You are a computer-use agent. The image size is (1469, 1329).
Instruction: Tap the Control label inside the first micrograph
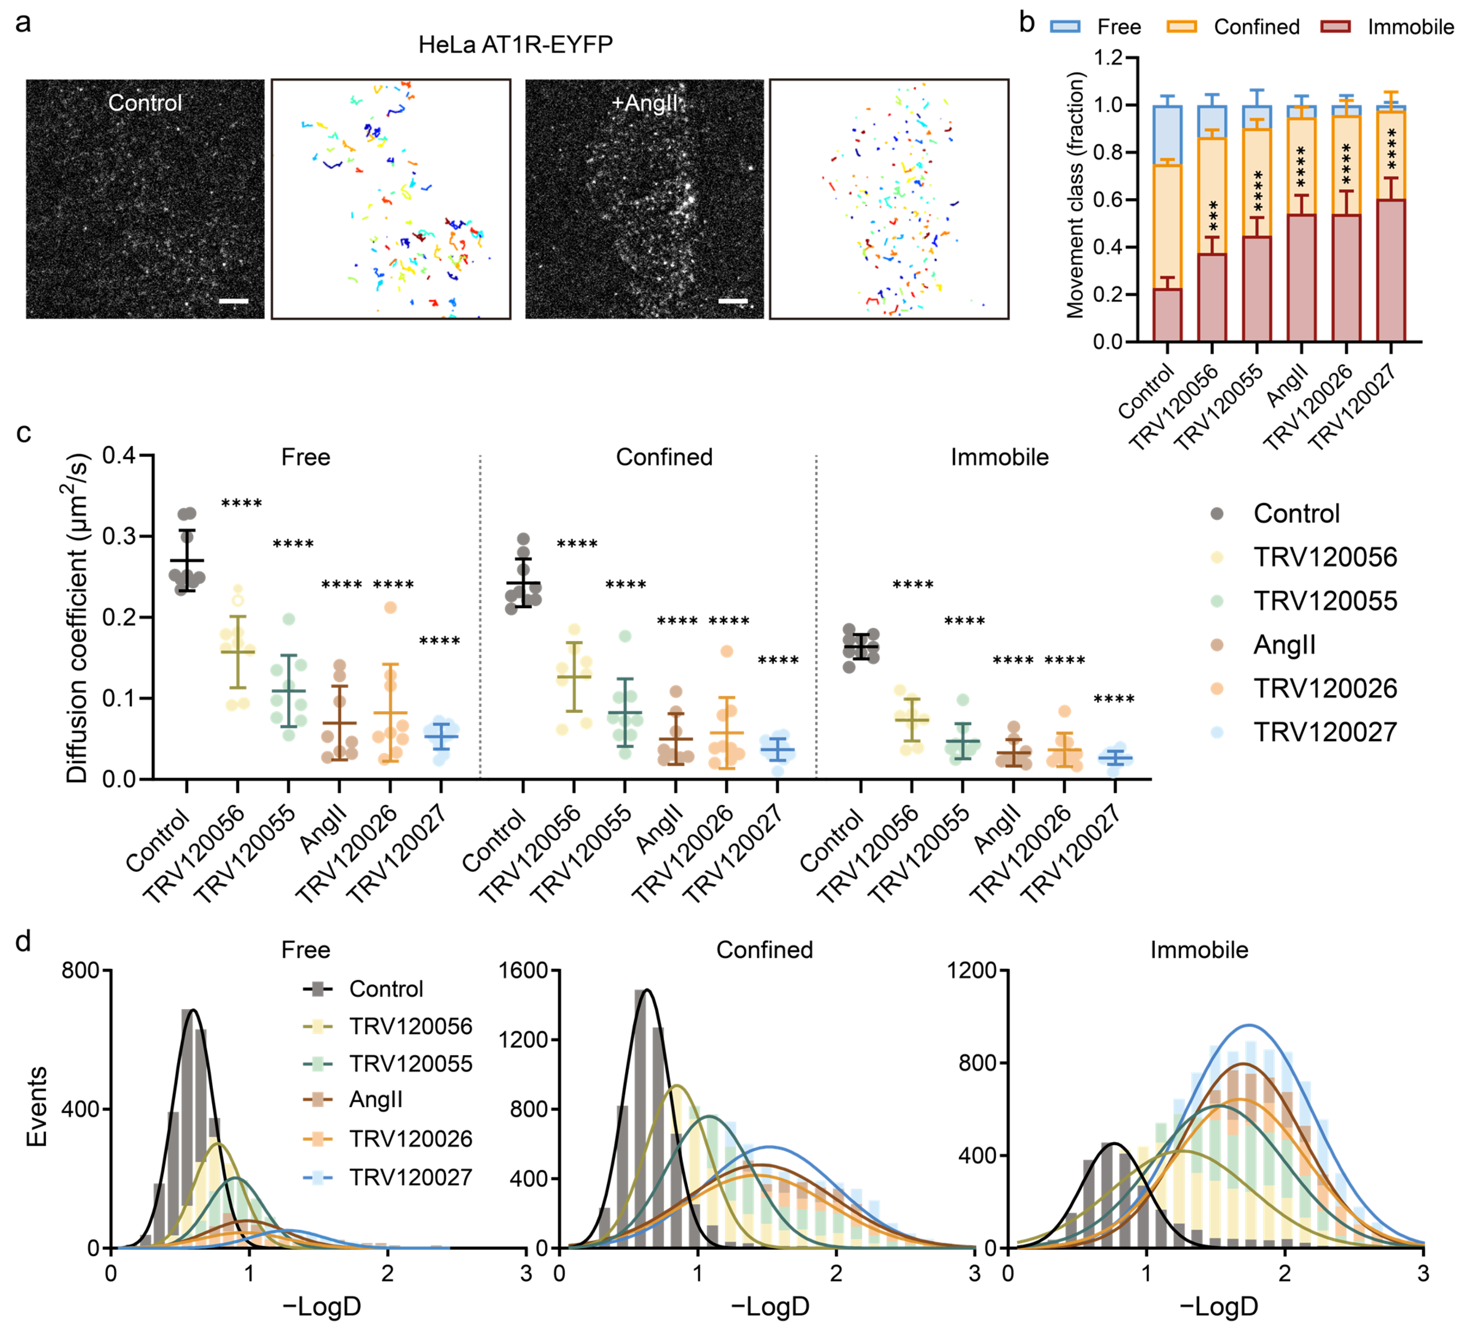point(145,103)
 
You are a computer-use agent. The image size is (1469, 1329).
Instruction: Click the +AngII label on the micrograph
point(645,103)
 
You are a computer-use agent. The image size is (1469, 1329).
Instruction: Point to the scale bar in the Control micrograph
point(234,301)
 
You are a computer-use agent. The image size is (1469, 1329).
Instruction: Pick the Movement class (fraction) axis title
point(1075,195)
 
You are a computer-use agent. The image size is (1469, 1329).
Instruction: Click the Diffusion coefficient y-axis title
point(77,618)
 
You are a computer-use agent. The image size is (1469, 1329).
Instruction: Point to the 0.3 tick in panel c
point(119,536)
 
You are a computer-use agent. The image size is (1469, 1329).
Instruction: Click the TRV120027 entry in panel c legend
point(1325,732)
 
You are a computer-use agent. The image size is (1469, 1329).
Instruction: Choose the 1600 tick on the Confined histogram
point(523,971)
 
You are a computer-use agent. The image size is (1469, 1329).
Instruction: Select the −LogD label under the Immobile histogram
point(1218,1307)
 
